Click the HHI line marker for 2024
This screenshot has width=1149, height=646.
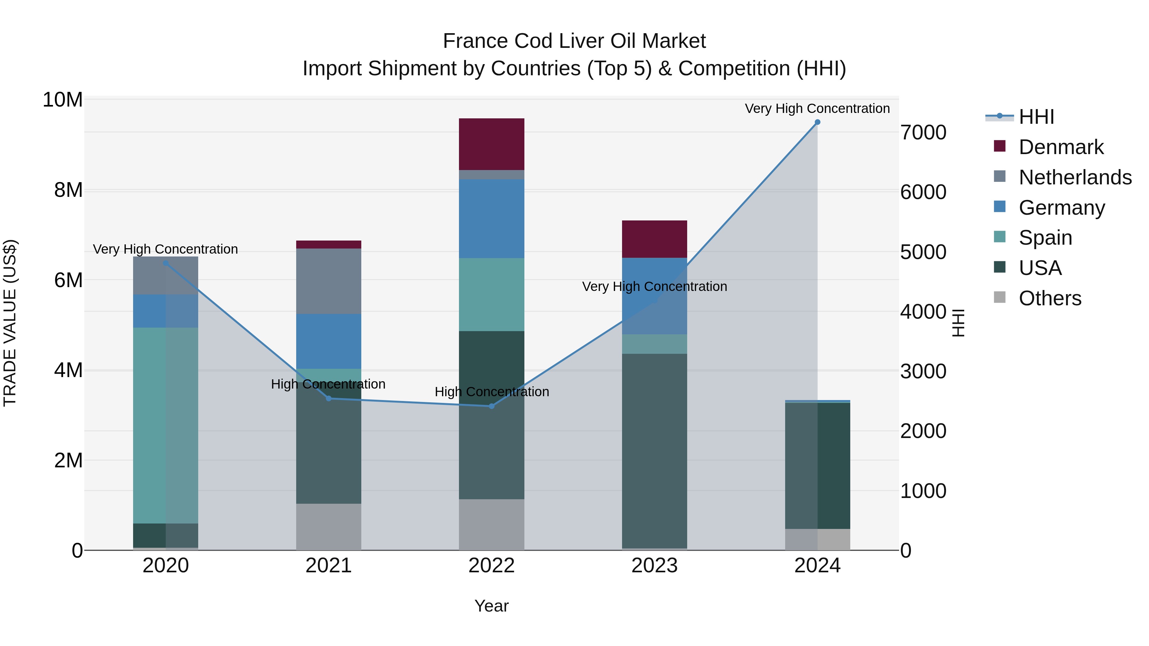coord(817,122)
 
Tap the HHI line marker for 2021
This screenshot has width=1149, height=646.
coord(329,398)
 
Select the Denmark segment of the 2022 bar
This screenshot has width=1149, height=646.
coord(492,144)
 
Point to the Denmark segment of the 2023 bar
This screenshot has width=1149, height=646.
coord(654,239)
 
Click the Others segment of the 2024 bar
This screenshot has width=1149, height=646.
coord(817,539)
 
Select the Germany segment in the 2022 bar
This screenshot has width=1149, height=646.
coord(492,219)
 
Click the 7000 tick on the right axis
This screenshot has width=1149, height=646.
coord(923,133)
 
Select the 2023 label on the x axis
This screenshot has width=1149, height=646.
coord(654,566)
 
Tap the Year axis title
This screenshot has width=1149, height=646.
coord(492,606)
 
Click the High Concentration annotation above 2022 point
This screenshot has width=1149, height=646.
coord(492,392)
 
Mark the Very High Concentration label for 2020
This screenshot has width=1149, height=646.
coord(165,249)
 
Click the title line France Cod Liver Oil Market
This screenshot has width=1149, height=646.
coord(574,41)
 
